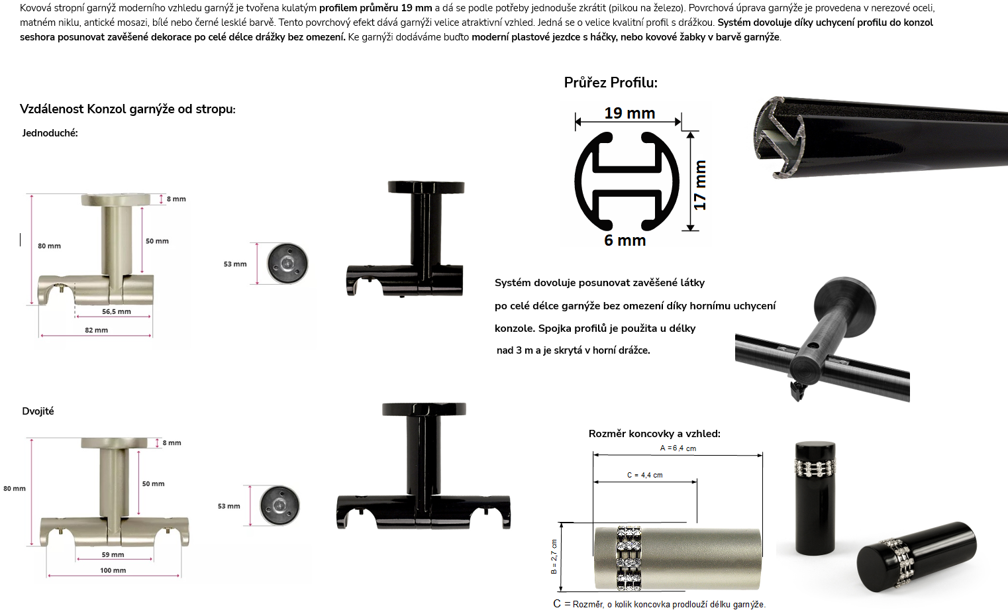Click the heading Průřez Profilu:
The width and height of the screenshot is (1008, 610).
coord(611,83)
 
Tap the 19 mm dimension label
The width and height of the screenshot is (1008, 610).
coord(630,113)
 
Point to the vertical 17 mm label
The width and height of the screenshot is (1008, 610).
coord(700,185)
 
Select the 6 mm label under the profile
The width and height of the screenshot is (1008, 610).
coord(625,240)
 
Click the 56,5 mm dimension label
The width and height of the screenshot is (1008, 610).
coord(117,311)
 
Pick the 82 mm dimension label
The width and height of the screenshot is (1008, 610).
coord(96,330)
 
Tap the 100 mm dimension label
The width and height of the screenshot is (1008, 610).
coord(113,570)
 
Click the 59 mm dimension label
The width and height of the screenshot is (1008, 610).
coord(113,554)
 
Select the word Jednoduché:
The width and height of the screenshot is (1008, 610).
coord(50,133)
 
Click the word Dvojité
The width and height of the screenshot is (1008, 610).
coord(38,411)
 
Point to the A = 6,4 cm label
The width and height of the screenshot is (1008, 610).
coord(678,448)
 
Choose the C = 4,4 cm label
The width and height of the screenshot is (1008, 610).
coord(645,475)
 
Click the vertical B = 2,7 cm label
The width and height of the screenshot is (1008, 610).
coord(554,556)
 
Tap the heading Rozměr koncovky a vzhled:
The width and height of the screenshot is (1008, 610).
coord(654,434)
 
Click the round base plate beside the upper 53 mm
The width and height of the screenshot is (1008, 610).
coord(287,264)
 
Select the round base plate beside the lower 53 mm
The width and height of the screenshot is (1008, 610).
coord(279,505)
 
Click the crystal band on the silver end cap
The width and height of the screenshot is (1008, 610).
coord(629,558)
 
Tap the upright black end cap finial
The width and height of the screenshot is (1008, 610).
coord(815,498)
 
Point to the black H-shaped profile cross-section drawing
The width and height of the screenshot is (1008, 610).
coord(627,181)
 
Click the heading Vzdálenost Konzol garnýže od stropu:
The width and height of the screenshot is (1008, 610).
coord(128,109)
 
